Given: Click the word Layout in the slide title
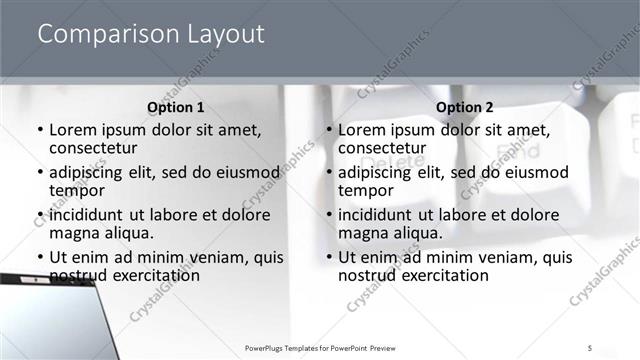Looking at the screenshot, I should (x=227, y=35).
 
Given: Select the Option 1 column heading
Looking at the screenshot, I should (x=176, y=107).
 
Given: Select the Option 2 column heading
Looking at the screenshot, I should (x=465, y=107).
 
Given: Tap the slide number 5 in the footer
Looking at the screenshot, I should (x=590, y=346).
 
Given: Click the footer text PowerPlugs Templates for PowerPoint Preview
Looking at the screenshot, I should (x=320, y=346).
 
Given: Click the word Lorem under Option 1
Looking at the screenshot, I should (x=72, y=130).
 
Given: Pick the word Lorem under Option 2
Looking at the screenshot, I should (x=361, y=130).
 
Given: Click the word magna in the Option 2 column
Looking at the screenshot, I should (x=362, y=232).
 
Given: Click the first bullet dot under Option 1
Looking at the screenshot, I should (x=39, y=131).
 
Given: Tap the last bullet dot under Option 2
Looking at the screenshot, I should (x=328, y=258).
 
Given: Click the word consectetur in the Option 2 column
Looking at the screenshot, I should (x=382, y=148).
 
